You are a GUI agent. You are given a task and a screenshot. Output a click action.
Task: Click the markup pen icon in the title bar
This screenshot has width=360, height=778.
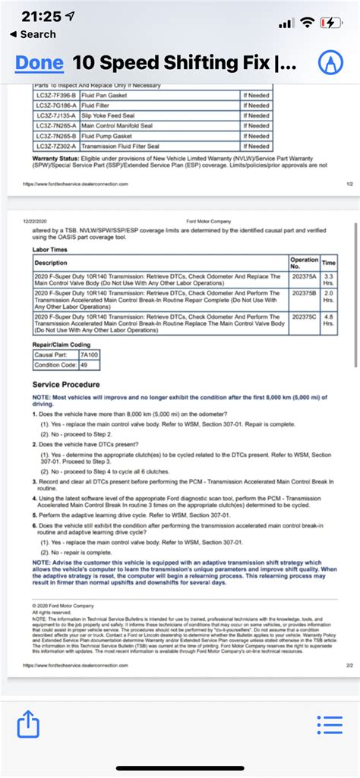coord(330,62)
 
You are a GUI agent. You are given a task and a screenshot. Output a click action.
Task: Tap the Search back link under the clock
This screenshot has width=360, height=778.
coord(33,34)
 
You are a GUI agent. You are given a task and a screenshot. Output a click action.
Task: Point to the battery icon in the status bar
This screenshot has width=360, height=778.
coord(332,23)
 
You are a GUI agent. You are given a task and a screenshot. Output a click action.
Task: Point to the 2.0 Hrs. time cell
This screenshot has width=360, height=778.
coord(329,296)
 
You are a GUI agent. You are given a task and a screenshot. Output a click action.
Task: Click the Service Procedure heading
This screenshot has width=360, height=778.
coord(68,384)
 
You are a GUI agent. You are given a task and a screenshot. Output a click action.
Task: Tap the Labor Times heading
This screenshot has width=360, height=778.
coord(50,250)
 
